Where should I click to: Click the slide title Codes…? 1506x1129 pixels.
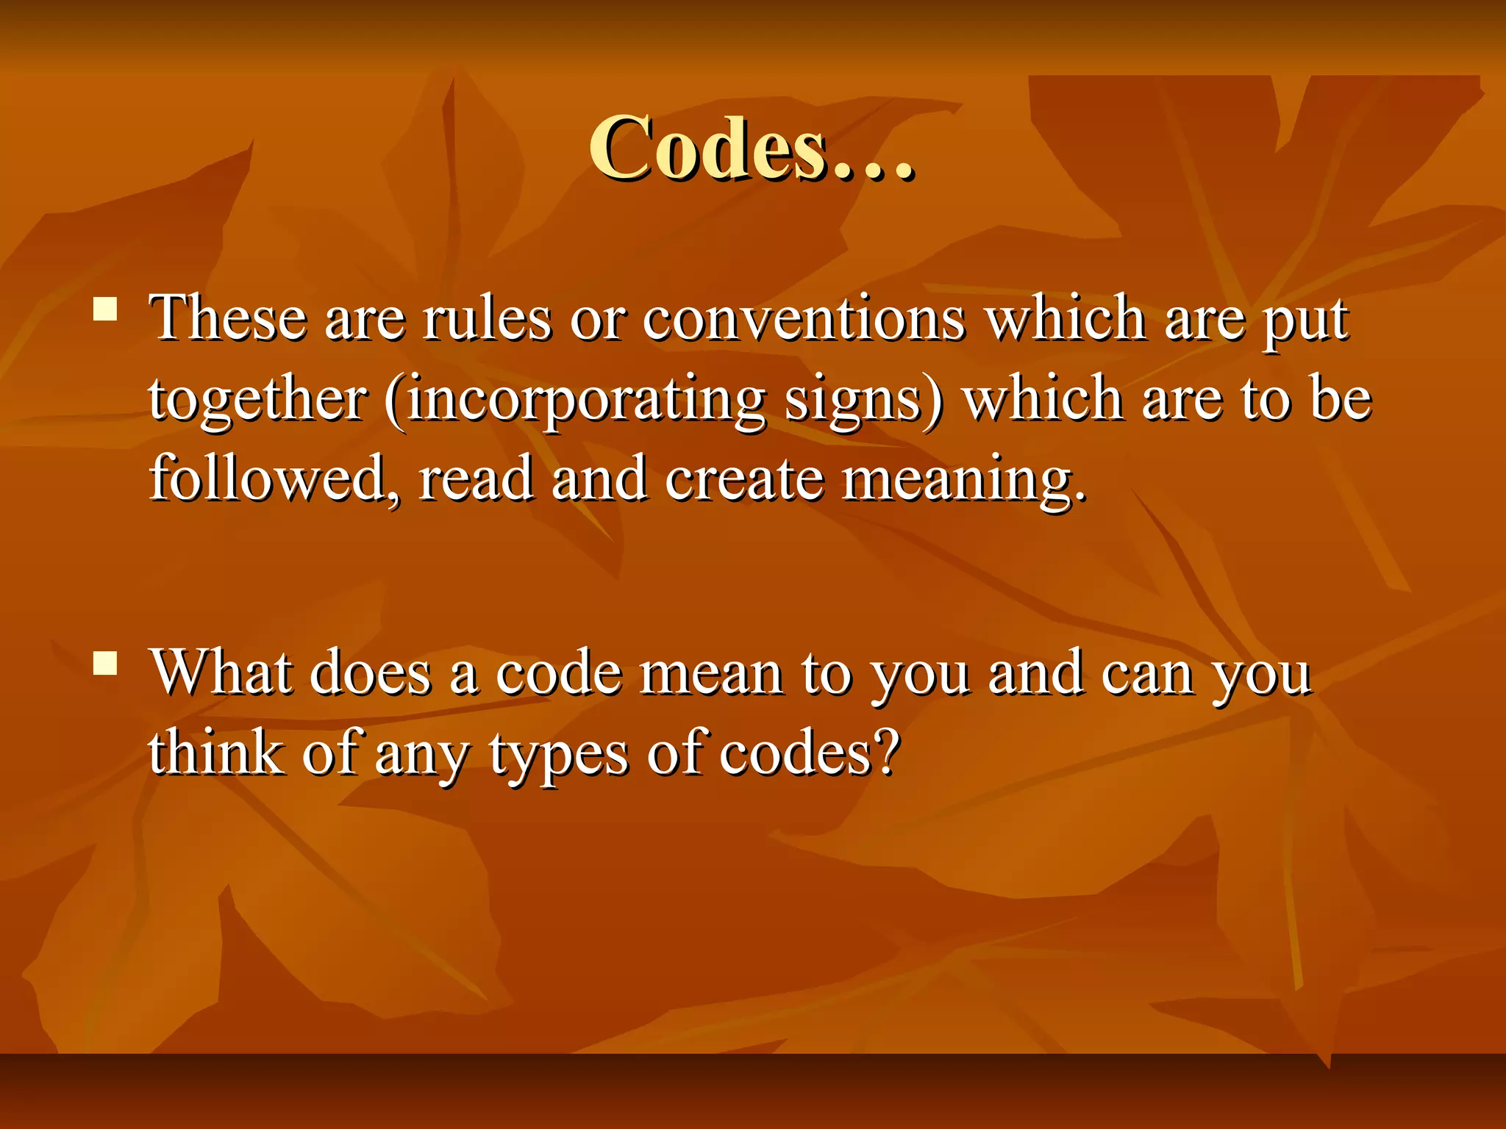pyautogui.click(x=752, y=149)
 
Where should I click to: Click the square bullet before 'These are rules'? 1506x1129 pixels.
pyautogui.click(x=106, y=309)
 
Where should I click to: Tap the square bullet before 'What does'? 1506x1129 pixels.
pyautogui.click(x=106, y=663)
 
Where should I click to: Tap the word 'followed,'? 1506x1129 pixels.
pyautogui.click(x=275, y=479)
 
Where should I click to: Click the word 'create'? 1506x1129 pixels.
pyautogui.click(x=744, y=479)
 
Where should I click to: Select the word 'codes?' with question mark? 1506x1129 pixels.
pyautogui.click(x=809, y=753)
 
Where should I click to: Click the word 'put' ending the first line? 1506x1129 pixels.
pyautogui.click(x=1306, y=322)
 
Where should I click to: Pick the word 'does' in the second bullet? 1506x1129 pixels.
pyautogui.click(x=370, y=673)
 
